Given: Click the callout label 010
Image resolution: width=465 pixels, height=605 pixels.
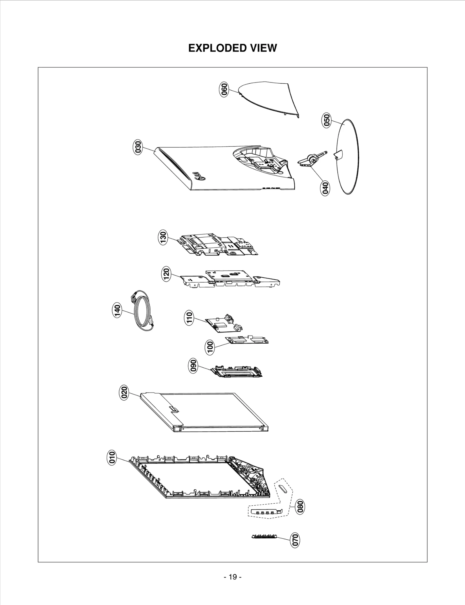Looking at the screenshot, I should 112,457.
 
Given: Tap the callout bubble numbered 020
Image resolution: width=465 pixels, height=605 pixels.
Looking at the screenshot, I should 124,393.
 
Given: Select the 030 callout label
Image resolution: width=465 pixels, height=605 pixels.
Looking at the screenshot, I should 138,147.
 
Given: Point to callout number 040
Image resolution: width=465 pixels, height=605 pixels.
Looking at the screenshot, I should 325,188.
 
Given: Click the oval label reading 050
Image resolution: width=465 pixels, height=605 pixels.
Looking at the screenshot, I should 327,120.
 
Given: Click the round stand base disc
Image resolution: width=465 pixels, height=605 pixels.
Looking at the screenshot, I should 348,157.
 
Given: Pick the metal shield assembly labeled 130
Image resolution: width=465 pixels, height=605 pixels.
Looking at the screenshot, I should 218,244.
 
